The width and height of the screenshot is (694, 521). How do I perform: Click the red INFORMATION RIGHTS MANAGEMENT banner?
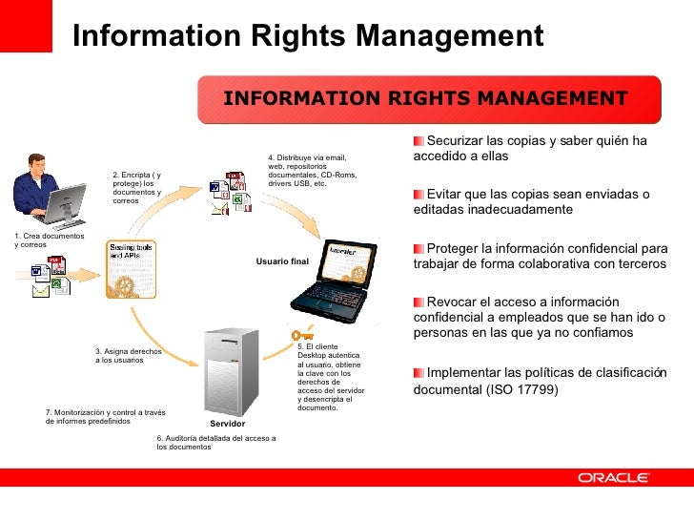click(425, 99)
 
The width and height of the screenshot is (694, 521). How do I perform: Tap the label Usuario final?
click(283, 260)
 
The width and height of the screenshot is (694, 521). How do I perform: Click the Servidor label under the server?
click(228, 423)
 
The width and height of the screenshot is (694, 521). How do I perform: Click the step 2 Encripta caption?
click(137, 188)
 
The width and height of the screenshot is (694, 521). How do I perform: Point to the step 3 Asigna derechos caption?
click(129, 356)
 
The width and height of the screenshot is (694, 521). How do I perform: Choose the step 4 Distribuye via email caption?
click(307, 170)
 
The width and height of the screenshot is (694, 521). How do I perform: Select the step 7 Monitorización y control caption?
click(105, 416)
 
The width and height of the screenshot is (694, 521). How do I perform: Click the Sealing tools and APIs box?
click(132, 251)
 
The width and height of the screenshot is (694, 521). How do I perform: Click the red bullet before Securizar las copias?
click(419, 141)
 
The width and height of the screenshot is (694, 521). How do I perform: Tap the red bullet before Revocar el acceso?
click(419, 302)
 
